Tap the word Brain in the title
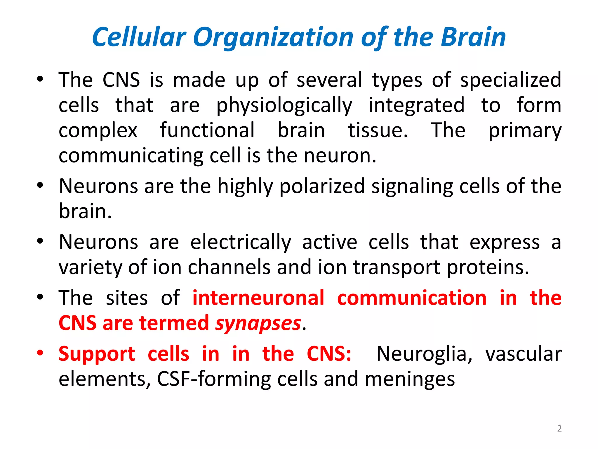tap(473, 37)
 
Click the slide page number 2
tap(559, 429)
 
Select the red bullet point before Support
tap(40, 353)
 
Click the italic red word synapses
tap(258, 323)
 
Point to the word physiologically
tap(284, 105)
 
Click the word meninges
tap(410, 379)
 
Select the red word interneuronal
tap(258, 298)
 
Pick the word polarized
tap(322, 186)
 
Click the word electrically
tap(241, 242)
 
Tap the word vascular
tap(523, 354)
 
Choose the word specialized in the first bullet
tap(511, 80)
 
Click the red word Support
tap(97, 354)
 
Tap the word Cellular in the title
tap(139, 37)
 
